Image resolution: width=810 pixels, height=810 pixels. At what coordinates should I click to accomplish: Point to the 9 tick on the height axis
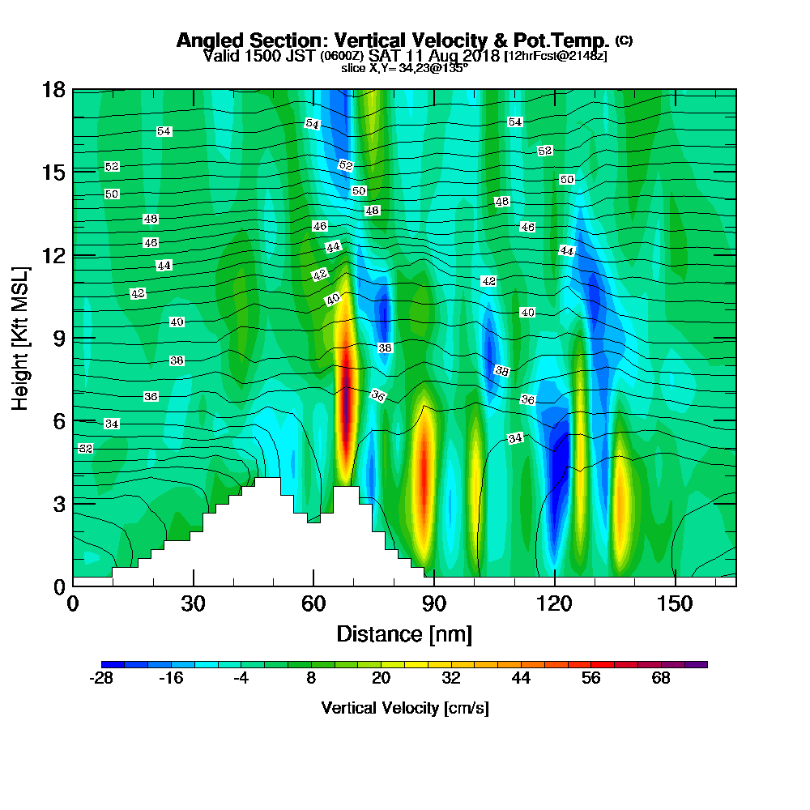tap(58, 338)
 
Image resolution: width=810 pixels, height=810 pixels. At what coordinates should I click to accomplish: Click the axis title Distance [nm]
tap(404, 633)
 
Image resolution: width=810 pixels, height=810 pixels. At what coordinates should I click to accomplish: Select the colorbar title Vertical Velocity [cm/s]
tap(404, 709)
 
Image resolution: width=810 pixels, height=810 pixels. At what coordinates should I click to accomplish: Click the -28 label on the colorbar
tap(100, 679)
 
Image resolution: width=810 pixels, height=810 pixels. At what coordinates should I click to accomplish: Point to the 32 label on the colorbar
tap(451, 679)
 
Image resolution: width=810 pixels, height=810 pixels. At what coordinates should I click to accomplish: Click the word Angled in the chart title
tap(205, 40)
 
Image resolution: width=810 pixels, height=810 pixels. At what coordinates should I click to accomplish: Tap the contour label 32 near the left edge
tap(86, 448)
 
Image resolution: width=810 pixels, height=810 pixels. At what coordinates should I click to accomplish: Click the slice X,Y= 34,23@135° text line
tap(404, 69)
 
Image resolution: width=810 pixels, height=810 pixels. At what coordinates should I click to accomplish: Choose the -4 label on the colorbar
tap(241, 679)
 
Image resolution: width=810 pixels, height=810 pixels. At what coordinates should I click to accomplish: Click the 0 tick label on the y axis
tap(58, 586)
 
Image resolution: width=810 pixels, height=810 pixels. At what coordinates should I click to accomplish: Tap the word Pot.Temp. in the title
tap(566, 40)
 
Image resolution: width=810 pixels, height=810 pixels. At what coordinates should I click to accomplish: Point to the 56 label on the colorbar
tap(591, 679)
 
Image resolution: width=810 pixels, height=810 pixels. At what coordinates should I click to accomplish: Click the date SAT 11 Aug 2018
tap(434, 56)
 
